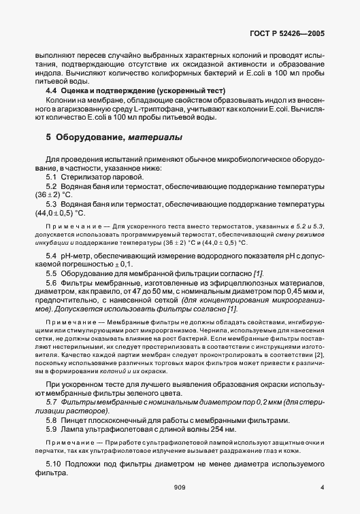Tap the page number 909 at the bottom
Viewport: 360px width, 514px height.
180,487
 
